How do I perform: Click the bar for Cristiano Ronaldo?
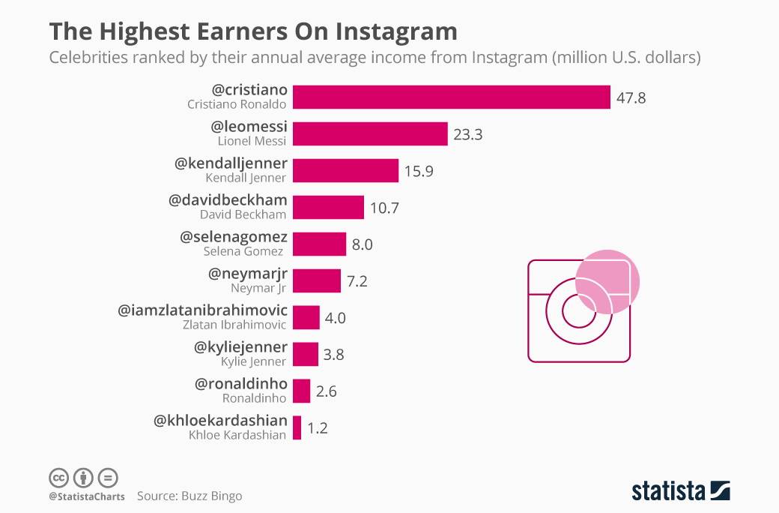pos(451,97)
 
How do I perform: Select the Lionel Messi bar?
pos(370,134)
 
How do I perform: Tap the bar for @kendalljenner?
pos(345,171)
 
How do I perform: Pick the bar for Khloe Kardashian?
pos(297,428)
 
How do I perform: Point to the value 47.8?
pos(631,98)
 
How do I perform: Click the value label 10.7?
pos(384,208)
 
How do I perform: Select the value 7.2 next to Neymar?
pos(357,281)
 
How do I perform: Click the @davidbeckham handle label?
pos(228,201)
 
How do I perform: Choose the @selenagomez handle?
pos(234,238)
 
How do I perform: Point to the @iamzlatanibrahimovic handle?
pos(202,310)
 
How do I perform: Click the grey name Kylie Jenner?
pos(254,361)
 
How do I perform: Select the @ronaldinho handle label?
pos(240,384)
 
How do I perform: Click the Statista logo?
pos(680,490)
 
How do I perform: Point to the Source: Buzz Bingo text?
pos(190,496)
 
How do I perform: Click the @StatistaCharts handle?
pos(86,496)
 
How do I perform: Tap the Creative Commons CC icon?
pos(58,478)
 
